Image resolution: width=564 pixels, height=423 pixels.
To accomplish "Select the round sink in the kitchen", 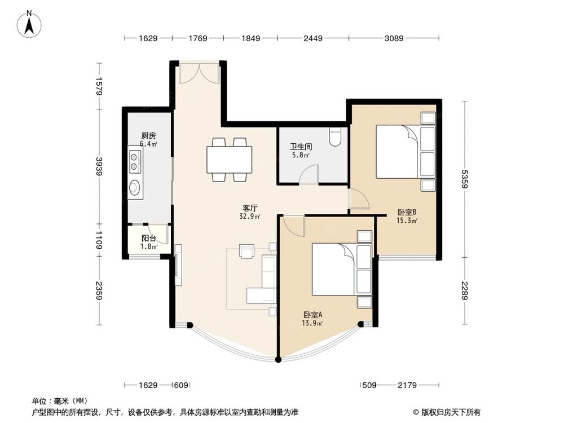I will coord(135,187).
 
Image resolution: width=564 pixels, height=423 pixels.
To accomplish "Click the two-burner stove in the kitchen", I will coord(135,162).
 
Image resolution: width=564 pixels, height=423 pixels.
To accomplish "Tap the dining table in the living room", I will coord(229,160).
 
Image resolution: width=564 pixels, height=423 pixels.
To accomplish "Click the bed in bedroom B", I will coord(405,152).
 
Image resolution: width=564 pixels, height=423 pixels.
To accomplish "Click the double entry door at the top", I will coord(197,73).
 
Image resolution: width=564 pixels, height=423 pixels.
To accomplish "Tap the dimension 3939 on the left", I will coord(99,167).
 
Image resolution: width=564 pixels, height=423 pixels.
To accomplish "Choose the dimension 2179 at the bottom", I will coord(406,386).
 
